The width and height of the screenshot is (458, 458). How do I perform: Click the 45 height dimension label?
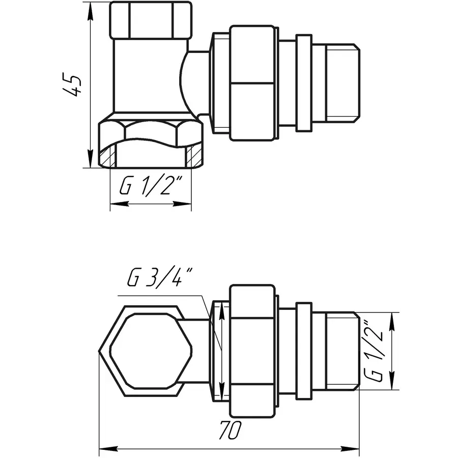click(x=72, y=85)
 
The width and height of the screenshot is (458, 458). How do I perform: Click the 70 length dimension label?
click(x=230, y=430)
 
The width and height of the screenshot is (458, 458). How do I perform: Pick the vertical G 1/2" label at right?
click(x=374, y=351)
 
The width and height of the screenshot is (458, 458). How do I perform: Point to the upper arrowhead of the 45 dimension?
click(x=90, y=12)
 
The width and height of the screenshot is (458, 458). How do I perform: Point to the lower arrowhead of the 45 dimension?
click(x=90, y=158)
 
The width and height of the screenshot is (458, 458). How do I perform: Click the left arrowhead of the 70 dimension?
click(x=109, y=448)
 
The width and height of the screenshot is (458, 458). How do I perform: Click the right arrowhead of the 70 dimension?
click(x=350, y=448)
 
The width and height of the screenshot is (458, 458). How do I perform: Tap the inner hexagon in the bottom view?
click(x=151, y=351)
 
